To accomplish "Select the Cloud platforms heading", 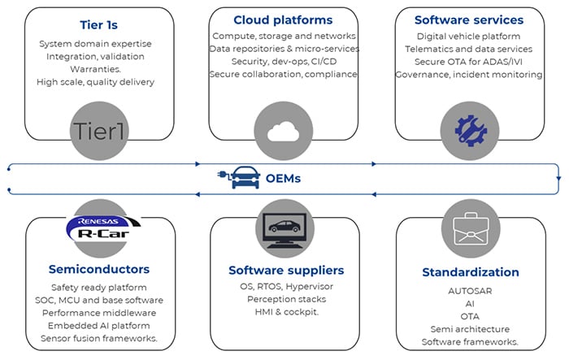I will pyautogui.click(x=283, y=20).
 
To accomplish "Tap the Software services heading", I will pyautogui.click(x=469, y=20).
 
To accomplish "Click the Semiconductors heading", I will pyautogui.click(x=99, y=269).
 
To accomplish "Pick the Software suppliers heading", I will pyautogui.click(x=286, y=270).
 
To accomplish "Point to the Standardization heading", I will pyautogui.click(x=470, y=271).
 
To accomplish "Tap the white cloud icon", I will pyautogui.click(x=283, y=130).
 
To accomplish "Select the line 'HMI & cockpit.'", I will pyautogui.click(x=286, y=311).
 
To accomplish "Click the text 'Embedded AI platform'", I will pyautogui.click(x=99, y=325).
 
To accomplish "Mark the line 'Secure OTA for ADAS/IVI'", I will pyautogui.click(x=469, y=62).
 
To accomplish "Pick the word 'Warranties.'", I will pyautogui.click(x=99, y=68).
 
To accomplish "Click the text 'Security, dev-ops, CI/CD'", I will pyautogui.click(x=283, y=62).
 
